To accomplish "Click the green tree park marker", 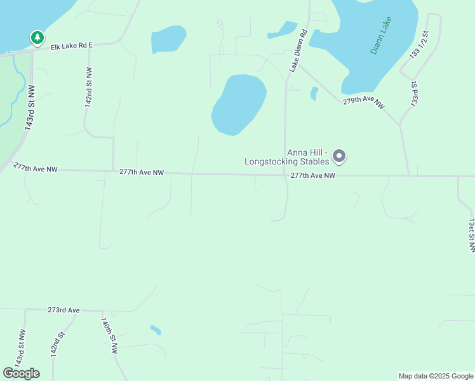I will (x=37, y=38).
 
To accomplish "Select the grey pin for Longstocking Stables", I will (x=339, y=156).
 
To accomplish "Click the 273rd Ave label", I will (x=64, y=310).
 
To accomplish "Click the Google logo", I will (x=21, y=373).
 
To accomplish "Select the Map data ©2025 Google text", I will (x=436, y=376).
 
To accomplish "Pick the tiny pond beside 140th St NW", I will (x=156, y=330).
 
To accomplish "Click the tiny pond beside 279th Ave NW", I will (x=314, y=93).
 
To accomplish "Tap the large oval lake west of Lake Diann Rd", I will (x=238, y=104).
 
